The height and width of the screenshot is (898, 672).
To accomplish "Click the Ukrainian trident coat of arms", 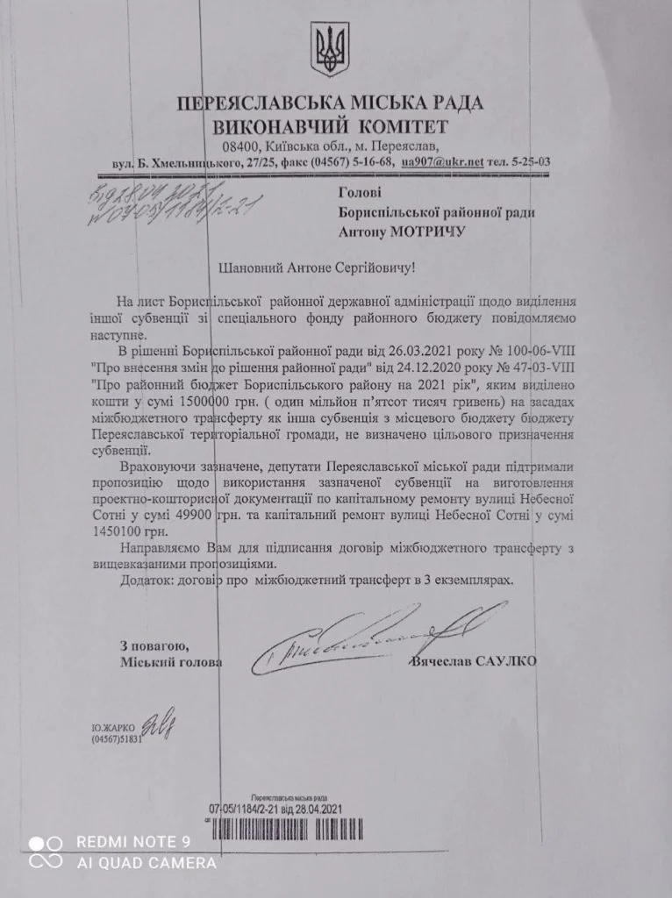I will point(330,52).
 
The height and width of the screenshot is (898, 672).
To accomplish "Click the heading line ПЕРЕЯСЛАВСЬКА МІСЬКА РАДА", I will point(330,104).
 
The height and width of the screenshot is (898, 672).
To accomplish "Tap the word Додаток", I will point(144,581).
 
